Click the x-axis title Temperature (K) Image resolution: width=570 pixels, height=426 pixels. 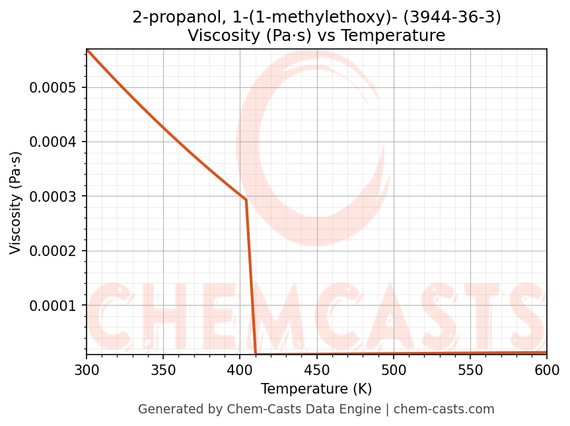[x=316, y=389]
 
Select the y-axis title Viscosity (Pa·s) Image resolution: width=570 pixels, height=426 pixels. [x=16, y=202]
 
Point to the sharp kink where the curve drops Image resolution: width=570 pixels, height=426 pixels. [x=246, y=200]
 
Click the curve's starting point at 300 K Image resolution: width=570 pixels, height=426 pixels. [x=87, y=50]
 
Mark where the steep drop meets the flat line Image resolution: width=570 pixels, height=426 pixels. [x=256, y=354]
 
